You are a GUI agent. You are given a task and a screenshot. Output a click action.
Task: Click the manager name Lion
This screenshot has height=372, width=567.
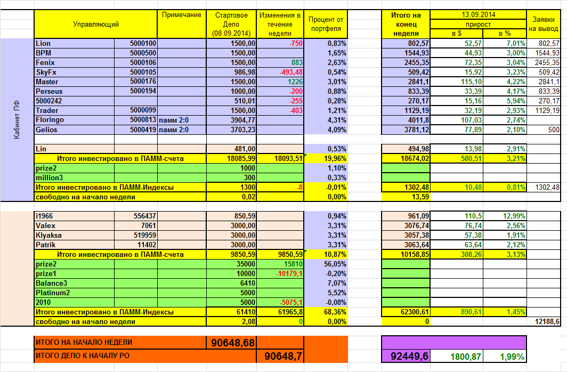click(x=44, y=43)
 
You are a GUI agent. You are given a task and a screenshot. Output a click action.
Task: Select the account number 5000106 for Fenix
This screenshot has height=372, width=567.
click(x=143, y=62)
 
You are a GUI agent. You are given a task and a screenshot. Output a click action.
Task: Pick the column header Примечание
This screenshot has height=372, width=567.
click(x=181, y=15)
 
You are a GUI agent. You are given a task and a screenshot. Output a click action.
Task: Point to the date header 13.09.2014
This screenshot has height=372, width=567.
click(x=478, y=14)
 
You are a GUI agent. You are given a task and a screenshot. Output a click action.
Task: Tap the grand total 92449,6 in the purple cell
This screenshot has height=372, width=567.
click(x=406, y=357)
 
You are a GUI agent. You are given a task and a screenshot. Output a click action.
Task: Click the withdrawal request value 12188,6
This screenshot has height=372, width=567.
click(x=547, y=321)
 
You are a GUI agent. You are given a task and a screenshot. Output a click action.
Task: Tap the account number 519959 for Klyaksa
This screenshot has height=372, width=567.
click(x=143, y=235)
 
